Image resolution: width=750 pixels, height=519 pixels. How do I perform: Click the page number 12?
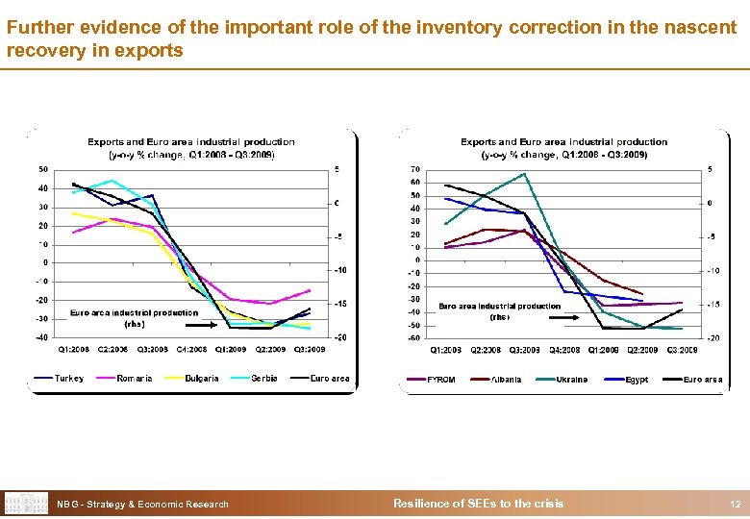(x=735, y=504)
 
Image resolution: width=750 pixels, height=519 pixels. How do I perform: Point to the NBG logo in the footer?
(x=26, y=504)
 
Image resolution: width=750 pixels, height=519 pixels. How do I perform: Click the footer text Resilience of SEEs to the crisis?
(x=479, y=504)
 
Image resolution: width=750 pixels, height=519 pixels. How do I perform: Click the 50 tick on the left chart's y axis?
(x=42, y=169)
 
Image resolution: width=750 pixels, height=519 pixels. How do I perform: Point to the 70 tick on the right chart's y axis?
(x=414, y=169)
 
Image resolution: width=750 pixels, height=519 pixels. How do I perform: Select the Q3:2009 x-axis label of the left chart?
(x=309, y=349)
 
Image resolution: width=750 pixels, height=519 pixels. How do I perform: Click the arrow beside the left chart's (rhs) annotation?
(x=221, y=325)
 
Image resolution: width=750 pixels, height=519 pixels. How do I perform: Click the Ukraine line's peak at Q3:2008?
(x=524, y=174)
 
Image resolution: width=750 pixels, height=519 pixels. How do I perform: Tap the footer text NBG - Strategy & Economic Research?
(x=142, y=504)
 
